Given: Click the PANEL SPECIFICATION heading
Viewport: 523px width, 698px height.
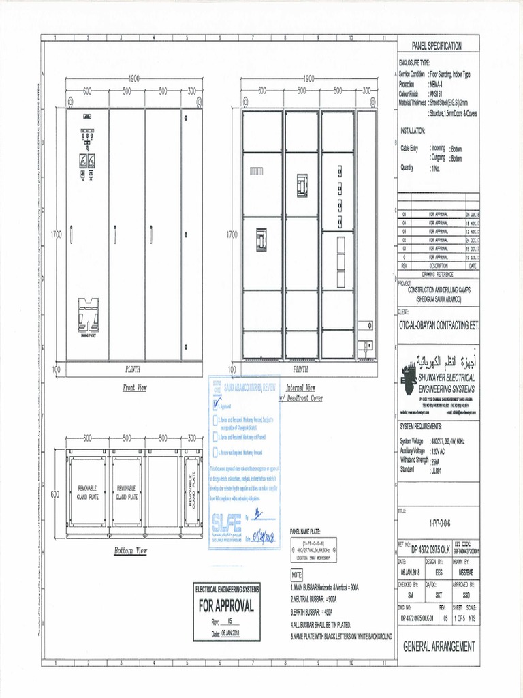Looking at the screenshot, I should (437, 46).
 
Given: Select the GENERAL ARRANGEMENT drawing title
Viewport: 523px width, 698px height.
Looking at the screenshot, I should (439, 646).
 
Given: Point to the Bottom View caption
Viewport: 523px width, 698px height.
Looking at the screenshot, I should (131, 551).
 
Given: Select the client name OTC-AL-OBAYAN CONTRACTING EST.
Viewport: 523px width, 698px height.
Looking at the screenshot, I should (439, 326).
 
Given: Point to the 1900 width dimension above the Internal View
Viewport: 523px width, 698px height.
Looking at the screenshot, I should (309, 78).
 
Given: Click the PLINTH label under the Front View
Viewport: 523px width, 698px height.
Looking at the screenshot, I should (133, 369).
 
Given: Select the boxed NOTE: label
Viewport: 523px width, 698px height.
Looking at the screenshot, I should (296, 575).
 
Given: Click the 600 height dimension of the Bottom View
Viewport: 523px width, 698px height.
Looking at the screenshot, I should (56, 495).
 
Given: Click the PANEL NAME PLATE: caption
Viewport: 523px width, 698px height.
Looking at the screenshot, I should (309, 531).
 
